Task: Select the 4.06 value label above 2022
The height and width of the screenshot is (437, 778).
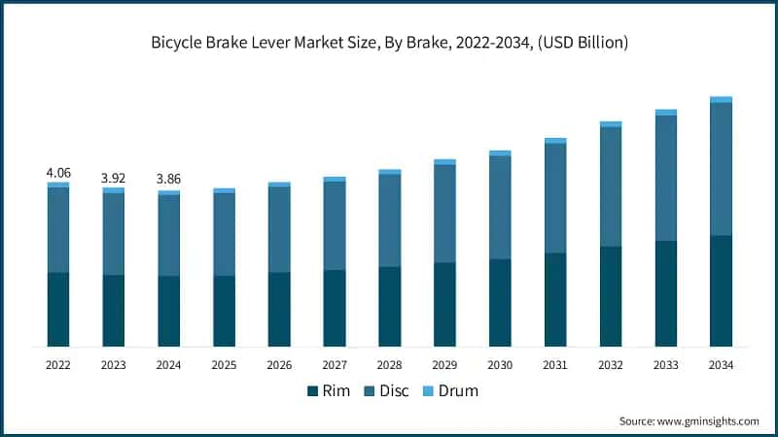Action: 58,173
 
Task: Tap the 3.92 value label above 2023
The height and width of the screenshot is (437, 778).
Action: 114,179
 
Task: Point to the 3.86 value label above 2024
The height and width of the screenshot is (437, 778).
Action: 169,180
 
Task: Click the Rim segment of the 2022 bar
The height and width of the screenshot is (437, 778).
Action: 58,309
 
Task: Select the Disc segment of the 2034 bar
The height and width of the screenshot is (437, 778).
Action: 721,169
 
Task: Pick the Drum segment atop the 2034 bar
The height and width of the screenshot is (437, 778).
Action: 721,99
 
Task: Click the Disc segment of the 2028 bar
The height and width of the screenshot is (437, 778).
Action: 390,220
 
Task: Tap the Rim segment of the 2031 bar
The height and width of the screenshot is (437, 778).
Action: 555,299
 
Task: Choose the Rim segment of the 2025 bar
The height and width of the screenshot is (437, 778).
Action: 225,311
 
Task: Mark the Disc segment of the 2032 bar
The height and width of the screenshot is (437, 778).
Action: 611,186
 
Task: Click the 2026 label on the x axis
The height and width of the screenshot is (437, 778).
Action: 279,365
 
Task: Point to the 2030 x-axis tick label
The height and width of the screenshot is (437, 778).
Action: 500,365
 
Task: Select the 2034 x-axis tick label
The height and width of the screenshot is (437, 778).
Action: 721,365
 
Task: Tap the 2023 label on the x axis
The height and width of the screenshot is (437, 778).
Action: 114,365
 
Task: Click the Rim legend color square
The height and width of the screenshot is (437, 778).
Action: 312,391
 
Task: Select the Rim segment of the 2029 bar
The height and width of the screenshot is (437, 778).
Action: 444,304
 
